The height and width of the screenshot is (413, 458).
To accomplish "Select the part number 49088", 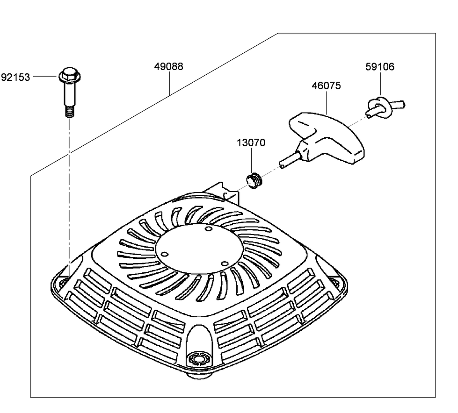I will click(x=168, y=66).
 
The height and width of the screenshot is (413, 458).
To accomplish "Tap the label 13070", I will click(x=251, y=143).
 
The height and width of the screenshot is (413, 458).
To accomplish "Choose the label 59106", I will click(x=379, y=66).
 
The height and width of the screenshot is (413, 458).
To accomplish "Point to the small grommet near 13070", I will click(x=253, y=179).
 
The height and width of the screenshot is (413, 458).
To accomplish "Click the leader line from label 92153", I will click(x=45, y=77).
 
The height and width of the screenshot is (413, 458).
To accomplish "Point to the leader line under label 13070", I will click(x=251, y=161).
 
